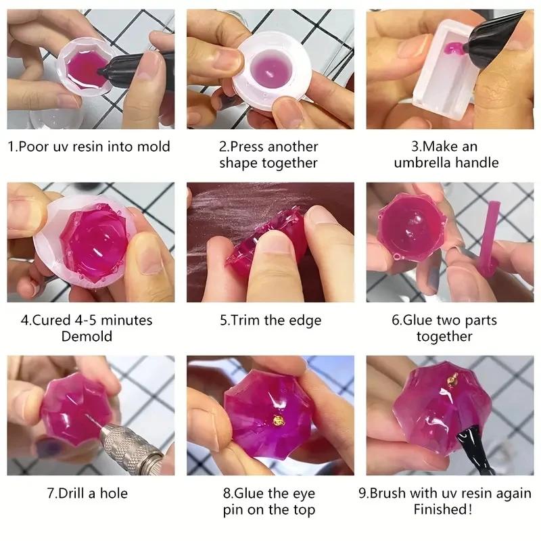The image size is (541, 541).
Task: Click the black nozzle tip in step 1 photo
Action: [x=101, y=70]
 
